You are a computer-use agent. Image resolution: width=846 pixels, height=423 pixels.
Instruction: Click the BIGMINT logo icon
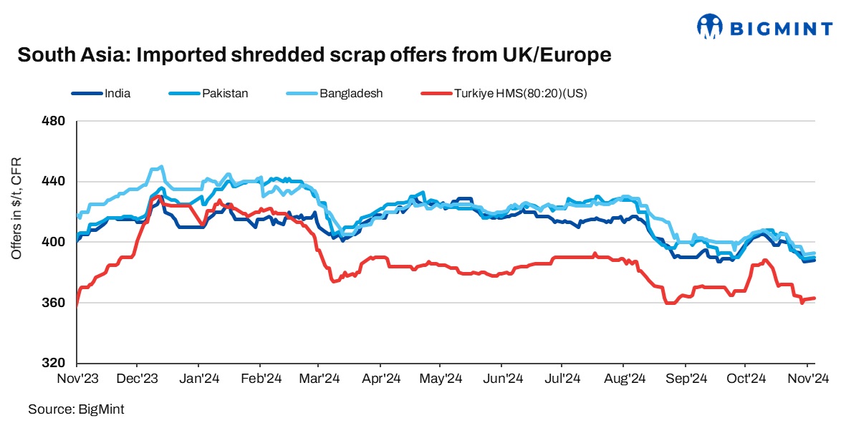710,26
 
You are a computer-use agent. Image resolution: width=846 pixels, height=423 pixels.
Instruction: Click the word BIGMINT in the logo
781,29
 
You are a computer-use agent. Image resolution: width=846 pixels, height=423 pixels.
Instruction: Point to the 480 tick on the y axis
55,121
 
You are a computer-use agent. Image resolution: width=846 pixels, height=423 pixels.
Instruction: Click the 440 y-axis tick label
55,182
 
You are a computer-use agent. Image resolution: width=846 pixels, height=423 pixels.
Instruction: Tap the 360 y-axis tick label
55,303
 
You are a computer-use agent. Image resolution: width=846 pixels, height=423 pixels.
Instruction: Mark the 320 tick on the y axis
55,363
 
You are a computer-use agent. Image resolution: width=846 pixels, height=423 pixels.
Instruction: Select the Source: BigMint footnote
70,409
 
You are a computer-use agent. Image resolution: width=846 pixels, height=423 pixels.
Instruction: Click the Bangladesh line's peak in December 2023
160,167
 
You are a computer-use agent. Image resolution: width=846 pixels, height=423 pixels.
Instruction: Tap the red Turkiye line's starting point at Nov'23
77,303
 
